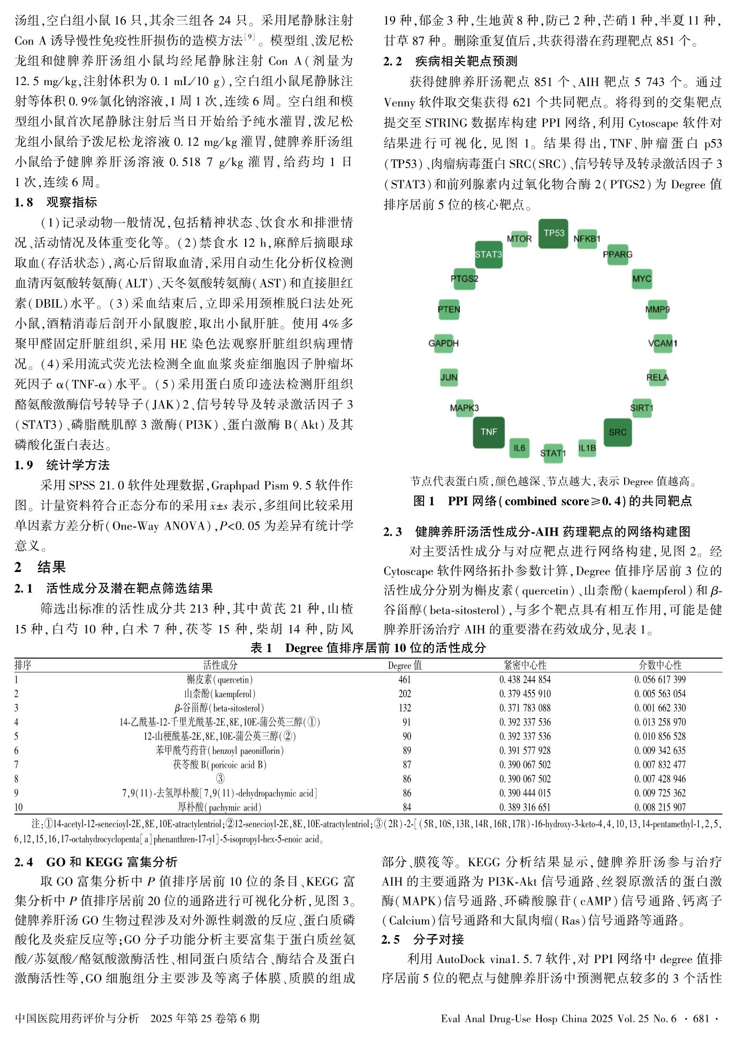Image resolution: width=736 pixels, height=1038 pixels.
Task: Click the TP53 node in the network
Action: pos(553,233)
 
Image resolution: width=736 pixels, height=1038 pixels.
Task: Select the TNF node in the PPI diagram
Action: pos(489,432)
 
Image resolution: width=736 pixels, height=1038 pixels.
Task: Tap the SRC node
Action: pos(617,432)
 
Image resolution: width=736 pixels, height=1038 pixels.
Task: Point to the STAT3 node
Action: pos(489,254)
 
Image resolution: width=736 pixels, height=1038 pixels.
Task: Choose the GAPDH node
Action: pos(444,343)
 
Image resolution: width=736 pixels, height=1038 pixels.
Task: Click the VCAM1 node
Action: pos(662,343)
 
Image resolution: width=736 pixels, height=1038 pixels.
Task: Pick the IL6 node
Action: pos(519,448)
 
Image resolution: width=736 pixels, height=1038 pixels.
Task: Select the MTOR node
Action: pos(519,239)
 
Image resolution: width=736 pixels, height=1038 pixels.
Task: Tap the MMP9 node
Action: pos(657,309)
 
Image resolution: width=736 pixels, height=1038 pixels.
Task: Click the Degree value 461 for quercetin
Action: pos(405,680)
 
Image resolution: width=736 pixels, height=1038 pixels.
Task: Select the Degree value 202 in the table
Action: pos(405,694)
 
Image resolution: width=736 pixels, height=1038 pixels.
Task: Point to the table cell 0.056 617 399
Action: pos(660,680)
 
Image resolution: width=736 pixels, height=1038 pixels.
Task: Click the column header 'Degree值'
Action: pos(405,665)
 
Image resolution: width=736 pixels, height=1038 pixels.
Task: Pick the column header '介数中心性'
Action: pos(660,665)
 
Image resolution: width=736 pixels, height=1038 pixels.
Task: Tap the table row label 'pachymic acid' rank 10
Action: pos(219,807)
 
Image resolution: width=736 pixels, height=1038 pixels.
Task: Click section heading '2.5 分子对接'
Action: pos(422,939)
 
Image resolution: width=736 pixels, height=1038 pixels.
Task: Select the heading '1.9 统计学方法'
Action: pos(62,465)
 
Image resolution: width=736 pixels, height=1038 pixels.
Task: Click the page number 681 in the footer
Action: pos(701,1018)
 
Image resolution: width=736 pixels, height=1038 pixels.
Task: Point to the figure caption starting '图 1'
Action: pos(552,501)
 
